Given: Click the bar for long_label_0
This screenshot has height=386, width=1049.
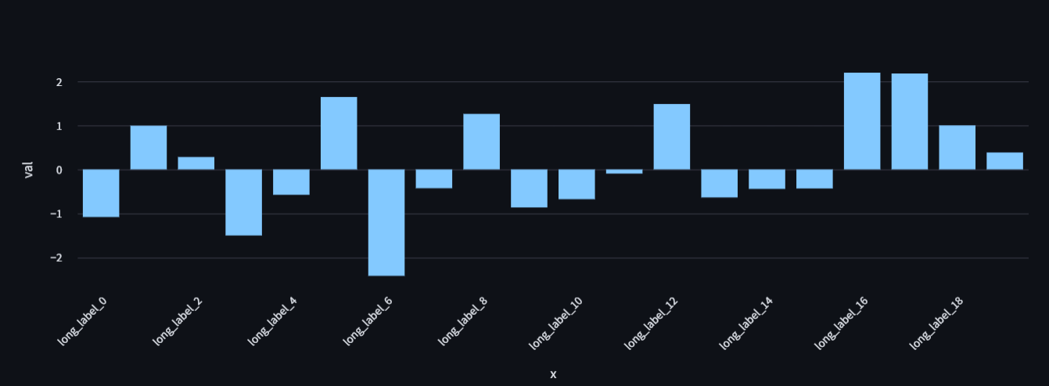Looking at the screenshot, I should click(x=101, y=193).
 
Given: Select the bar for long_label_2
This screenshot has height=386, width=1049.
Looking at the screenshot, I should click(x=196, y=163).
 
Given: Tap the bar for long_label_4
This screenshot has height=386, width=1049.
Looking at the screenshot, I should click(x=291, y=182).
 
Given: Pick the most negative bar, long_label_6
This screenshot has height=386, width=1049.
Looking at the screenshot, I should click(x=386, y=223).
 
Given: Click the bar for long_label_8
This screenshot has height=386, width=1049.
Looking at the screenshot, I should click(x=481, y=141).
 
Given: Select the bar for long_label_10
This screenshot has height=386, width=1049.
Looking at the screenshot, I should click(x=577, y=184).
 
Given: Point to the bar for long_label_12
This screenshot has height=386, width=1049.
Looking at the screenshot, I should click(x=672, y=137).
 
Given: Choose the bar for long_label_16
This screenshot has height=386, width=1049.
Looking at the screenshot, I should click(x=862, y=121).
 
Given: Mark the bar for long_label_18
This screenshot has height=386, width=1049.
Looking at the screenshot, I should click(x=957, y=148).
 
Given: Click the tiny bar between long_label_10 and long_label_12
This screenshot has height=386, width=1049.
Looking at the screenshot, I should click(x=624, y=171).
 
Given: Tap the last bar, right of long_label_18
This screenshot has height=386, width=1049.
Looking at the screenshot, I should click(x=1004, y=161).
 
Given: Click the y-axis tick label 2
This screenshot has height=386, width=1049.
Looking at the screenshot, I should click(x=59, y=82).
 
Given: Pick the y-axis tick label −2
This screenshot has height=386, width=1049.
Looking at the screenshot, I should click(x=56, y=258).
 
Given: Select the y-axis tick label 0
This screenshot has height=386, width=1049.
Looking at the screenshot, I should click(x=59, y=170).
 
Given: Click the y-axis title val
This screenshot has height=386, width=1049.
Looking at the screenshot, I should click(x=29, y=170).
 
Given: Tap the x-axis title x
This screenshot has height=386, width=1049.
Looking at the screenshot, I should click(x=553, y=374).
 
